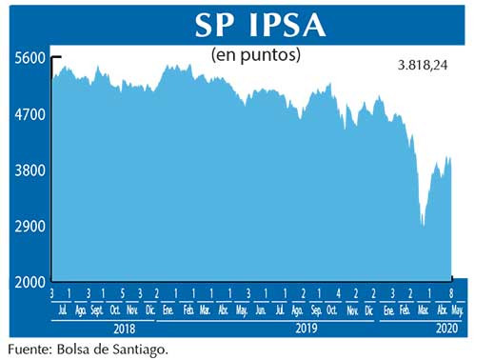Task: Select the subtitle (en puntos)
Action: pyautogui.click(x=254, y=54)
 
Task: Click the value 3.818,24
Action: pyautogui.click(x=427, y=66)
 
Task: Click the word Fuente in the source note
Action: pyautogui.click(x=30, y=348)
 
